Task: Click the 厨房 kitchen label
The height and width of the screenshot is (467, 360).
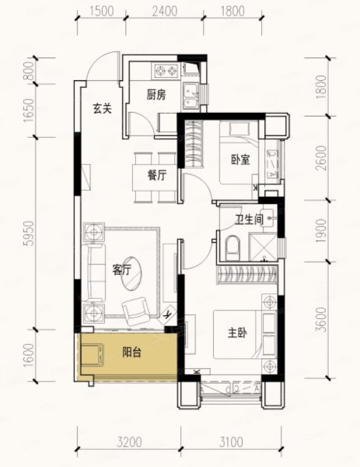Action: (x=156, y=95)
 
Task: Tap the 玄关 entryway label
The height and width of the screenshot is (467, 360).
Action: (x=102, y=108)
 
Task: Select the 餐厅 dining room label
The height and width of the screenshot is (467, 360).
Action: (x=157, y=175)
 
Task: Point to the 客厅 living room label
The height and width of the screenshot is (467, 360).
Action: (x=122, y=270)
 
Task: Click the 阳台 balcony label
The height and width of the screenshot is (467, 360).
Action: (x=131, y=353)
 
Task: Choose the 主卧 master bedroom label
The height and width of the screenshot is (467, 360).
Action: (x=237, y=332)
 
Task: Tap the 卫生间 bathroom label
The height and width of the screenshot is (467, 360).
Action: (x=250, y=219)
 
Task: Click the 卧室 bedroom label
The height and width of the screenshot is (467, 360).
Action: (x=241, y=160)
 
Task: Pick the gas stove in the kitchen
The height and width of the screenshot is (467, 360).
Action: (x=166, y=71)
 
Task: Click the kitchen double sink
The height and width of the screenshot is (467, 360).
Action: (x=191, y=95)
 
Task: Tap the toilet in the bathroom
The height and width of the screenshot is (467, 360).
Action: (x=232, y=248)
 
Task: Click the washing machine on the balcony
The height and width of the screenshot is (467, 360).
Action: (x=93, y=354)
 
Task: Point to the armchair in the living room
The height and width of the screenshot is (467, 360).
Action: (x=136, y=311)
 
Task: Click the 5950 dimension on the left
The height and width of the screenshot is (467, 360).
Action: (x=29, y=233)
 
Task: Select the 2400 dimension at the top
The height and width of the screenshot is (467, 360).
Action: (x=165, y=11)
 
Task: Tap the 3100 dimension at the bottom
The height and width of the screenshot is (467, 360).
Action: (x=231, y=442)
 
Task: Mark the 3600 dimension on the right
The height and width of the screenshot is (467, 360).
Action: (x=321, y=320)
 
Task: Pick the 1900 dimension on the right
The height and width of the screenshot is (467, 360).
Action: (x=321, y=230)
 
